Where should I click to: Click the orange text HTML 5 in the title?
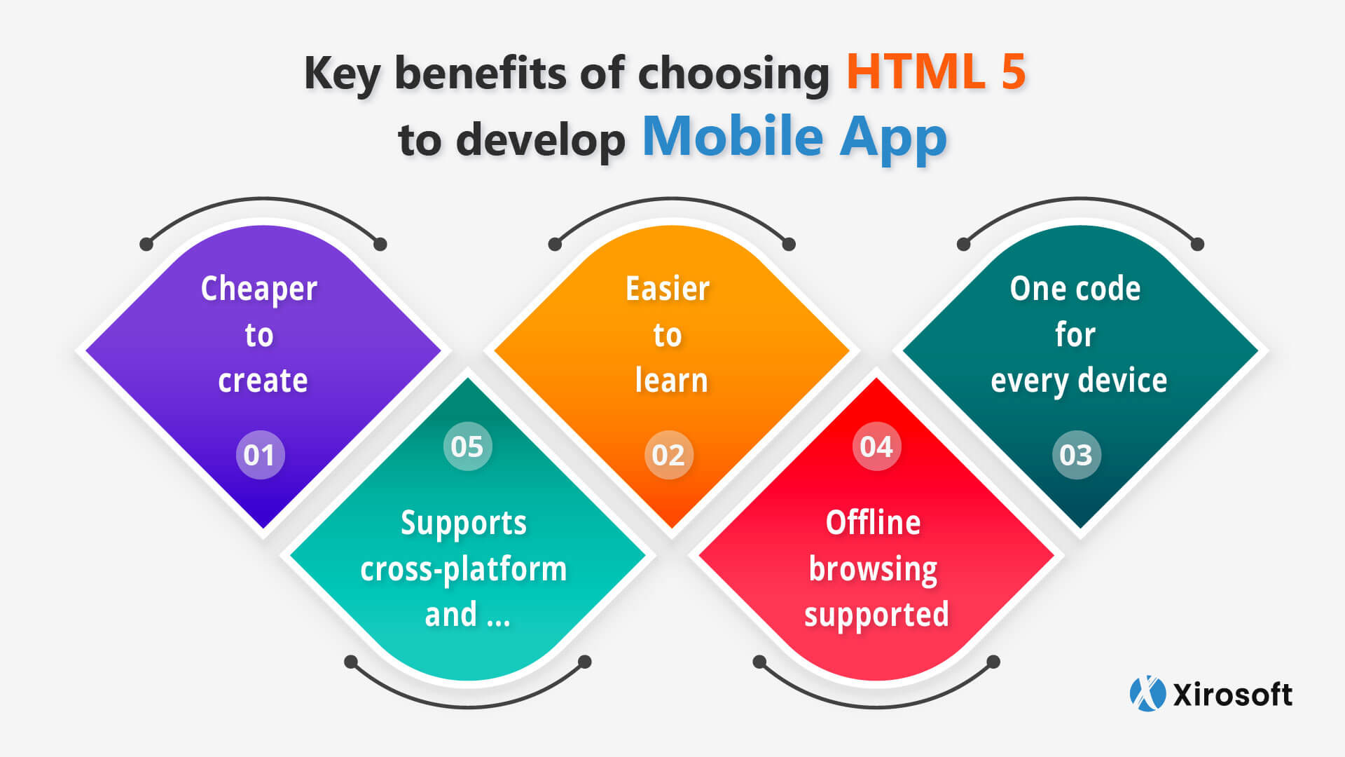coord(936,71)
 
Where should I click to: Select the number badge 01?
coord(260,455)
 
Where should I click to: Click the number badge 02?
coord(668,455)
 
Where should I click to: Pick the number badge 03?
coord(1076,455)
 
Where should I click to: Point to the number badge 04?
coord(876,446)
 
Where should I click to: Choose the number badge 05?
coord(467,446)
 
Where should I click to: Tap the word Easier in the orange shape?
coord(668,288)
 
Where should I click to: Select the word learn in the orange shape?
coord(671,380)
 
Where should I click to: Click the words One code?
coord(1075,288)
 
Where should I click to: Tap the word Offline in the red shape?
coord(873,522)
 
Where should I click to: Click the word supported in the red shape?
coord(876,615)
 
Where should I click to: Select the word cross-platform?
coord(463,569)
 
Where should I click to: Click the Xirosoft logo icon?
coord(1147,694)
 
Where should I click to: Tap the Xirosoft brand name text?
coord(1232,695)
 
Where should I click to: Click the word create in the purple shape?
coord(263,381)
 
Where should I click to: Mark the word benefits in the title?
coord(481,73)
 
